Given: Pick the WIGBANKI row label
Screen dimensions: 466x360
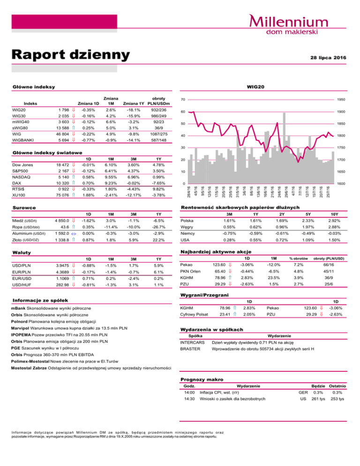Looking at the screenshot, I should [x=23, y=140].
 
